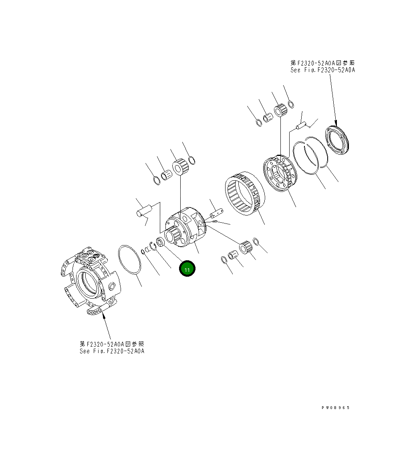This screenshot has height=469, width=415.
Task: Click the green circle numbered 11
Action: (187, 269)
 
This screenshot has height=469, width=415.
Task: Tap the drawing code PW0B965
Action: (336, 408)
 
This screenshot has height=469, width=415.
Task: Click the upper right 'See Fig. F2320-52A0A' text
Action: (323, 70)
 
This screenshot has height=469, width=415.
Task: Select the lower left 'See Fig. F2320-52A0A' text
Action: (112, 351)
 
